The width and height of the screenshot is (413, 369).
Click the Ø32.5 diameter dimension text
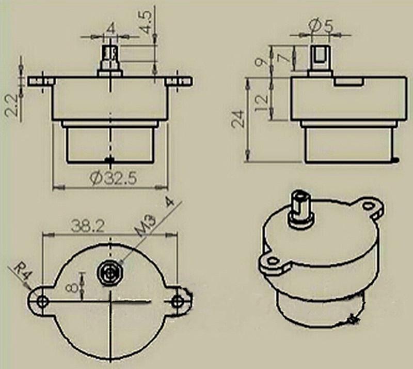coord(114,178)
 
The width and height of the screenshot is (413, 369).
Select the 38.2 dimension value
coord(88,226)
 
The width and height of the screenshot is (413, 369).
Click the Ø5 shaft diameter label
coord(321,26)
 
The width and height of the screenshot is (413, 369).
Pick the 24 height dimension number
coord(239,119)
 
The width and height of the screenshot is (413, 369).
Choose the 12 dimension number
coord(262,103)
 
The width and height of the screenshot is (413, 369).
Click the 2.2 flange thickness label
coord(12,105)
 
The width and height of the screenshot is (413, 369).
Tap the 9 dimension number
coord(262,62)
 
